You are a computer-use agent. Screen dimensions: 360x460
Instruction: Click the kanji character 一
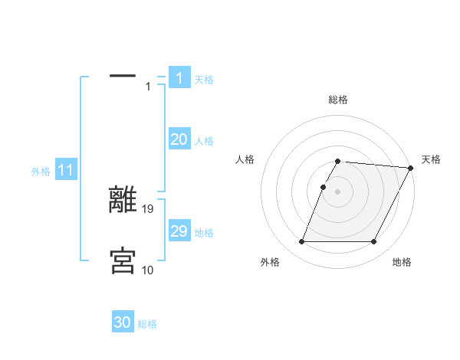tap(123, 76)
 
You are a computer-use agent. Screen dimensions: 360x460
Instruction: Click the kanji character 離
tap(123, 200)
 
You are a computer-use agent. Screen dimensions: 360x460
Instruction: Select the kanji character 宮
tap(123, 260)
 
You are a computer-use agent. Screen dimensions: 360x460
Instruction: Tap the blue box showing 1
tap(179, 77)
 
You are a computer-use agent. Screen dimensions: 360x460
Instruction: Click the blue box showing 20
tap(179, 139)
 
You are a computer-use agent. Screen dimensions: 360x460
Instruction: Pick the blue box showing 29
tap(179, 231)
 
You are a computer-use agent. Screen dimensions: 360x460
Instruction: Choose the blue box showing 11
tap(65, 171)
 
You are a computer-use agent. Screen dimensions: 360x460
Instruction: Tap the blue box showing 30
tap(123, 322)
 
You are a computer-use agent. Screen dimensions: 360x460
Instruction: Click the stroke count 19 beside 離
tap(149, 208)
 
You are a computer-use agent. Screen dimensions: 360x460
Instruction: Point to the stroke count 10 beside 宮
tap(148, 270)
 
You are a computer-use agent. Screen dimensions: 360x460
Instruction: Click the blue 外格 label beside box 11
tap(41, 172)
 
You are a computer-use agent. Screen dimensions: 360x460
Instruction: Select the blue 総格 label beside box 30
tap(148, 324)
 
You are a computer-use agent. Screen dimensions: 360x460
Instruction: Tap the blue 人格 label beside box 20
tap(204, 141)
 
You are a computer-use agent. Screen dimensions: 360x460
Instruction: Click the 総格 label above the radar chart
tap(338, 100)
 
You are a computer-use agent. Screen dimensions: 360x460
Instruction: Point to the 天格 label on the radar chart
tap(431, 159)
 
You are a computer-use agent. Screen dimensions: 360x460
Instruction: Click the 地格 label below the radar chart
tap(402, 263)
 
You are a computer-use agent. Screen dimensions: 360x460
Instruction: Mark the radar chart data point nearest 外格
tap(301, 242)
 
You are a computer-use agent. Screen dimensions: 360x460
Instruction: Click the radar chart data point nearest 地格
tap(374, 242)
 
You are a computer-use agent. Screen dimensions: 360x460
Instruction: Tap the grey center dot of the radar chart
tap(338, 191)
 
